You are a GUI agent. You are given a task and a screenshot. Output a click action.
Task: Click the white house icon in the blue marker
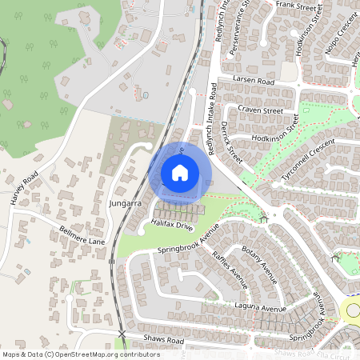[180, 172]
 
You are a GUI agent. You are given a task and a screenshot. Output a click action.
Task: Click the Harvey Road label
[25, 190]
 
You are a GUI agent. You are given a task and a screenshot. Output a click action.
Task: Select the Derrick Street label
[233, 143]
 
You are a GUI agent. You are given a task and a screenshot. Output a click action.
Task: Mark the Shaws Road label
[164, 341]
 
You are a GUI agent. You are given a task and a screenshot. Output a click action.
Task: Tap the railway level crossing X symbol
[122, 333]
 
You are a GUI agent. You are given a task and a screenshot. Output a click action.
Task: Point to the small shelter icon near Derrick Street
[263, 218]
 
